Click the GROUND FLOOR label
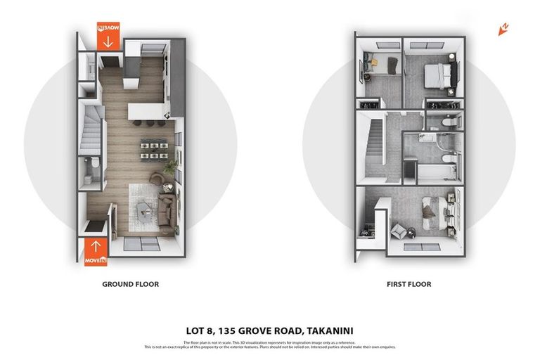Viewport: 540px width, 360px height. [x=130, y=284]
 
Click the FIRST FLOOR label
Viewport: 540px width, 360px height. [x=408, y=284]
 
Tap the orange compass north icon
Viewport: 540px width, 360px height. [x=503, y=29]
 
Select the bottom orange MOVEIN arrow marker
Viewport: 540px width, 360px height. [x=96, y=251]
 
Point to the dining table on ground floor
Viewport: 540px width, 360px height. [x=151, y=150]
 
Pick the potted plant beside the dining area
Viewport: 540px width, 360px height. [x=169, y=167]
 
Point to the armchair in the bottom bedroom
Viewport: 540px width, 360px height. [x=399, y=230]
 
